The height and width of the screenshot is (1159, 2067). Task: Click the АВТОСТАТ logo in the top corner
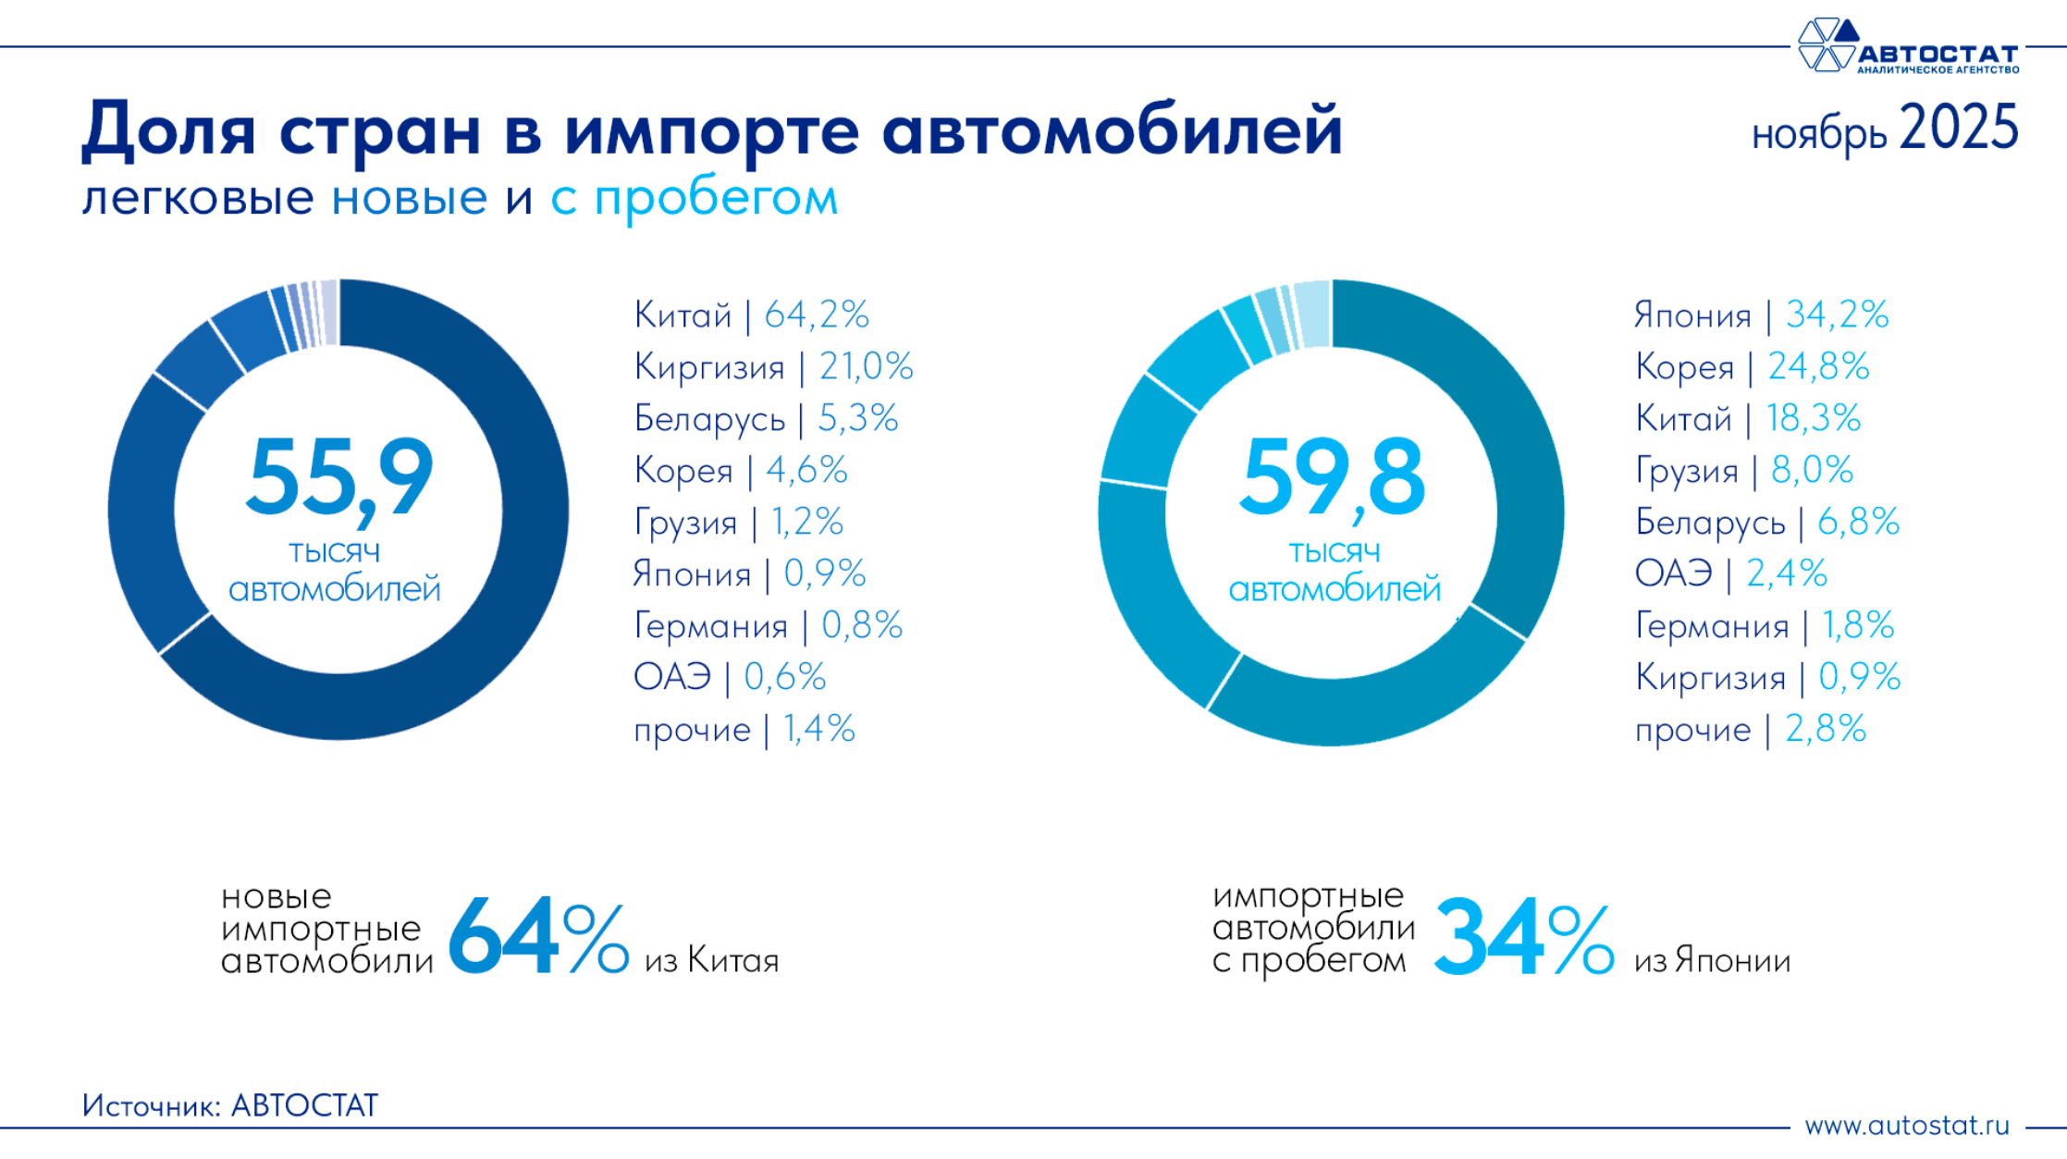coord(1907,46)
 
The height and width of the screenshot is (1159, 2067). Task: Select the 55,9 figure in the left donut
coord(339,477)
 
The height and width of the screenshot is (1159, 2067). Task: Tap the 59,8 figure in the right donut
coord(1332,477)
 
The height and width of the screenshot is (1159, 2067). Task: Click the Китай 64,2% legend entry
coord(751,315)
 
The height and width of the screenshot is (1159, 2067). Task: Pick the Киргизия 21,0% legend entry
coord(773,367)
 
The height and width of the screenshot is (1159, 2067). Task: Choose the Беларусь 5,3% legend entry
coord(766,419)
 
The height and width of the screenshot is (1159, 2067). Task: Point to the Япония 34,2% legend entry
coord(1761,315)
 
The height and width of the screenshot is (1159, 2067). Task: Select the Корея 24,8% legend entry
coord(1752,367)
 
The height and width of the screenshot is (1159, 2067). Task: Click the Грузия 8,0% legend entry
coord(1743,471)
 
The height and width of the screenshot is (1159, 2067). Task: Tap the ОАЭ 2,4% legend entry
coord(1730,574)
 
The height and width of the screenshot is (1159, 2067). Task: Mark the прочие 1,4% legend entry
coord(744,730)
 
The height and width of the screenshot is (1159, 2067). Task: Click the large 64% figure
coord(537,936)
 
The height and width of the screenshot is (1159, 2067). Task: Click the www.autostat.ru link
coord(1907,1126)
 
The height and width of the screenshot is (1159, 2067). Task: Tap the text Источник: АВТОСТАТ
coord(230,1105)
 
